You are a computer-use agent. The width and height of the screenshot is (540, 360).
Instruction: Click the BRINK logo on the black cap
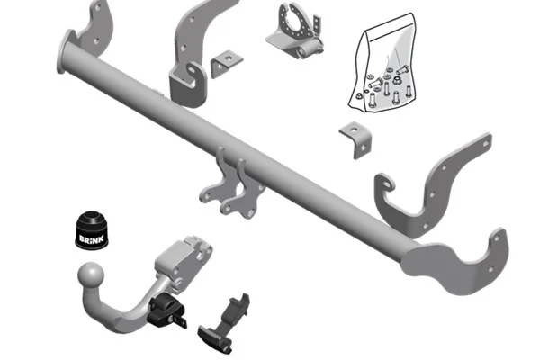pos(91,239)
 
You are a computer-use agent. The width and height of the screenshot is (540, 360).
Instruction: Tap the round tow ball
pos(91,274)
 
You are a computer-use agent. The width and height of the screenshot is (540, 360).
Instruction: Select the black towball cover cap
pos(92,229)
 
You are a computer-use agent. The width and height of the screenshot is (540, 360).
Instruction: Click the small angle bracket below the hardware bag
pos(356,139)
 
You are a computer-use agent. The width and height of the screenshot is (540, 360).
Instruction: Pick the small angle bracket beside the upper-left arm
pos(227,63)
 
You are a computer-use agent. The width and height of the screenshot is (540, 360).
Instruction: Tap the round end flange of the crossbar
pos(65,51)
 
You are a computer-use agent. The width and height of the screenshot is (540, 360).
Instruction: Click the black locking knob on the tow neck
pos(166,310)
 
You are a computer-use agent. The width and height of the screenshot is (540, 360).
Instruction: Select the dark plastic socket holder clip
pos(225,323)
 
